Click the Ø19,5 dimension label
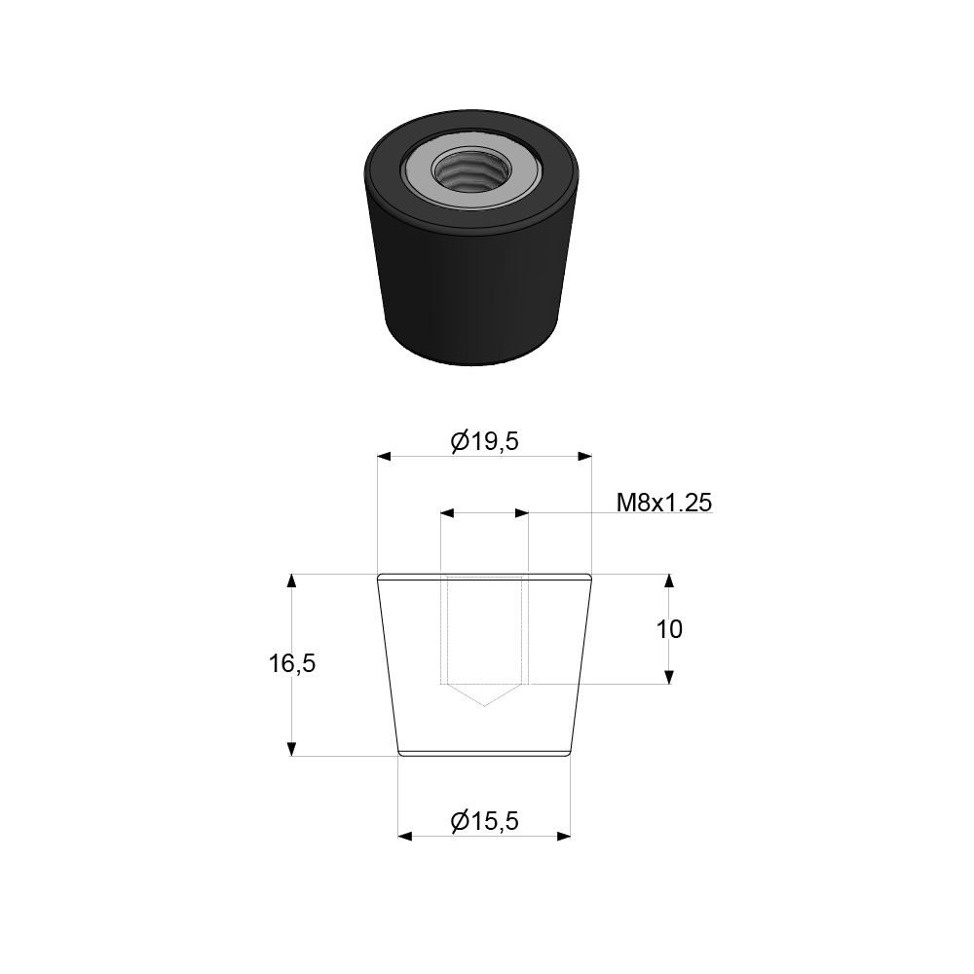tap(484, 441)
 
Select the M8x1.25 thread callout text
tap(664, 503)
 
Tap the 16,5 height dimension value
tap(292, 664)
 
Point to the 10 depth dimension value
tap(669, 629)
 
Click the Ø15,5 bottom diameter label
tap(484, 822)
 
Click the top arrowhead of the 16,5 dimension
tap(291, 581)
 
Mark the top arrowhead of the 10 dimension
tap(669, 581)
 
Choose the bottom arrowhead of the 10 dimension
tap(669, 676)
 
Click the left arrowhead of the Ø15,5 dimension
tap(405, 836)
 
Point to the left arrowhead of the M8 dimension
tap(447, 511)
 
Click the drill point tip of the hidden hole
tap(484, 705)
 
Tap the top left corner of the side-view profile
tap(378, 575)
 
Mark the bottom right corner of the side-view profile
tap(570, 755)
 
